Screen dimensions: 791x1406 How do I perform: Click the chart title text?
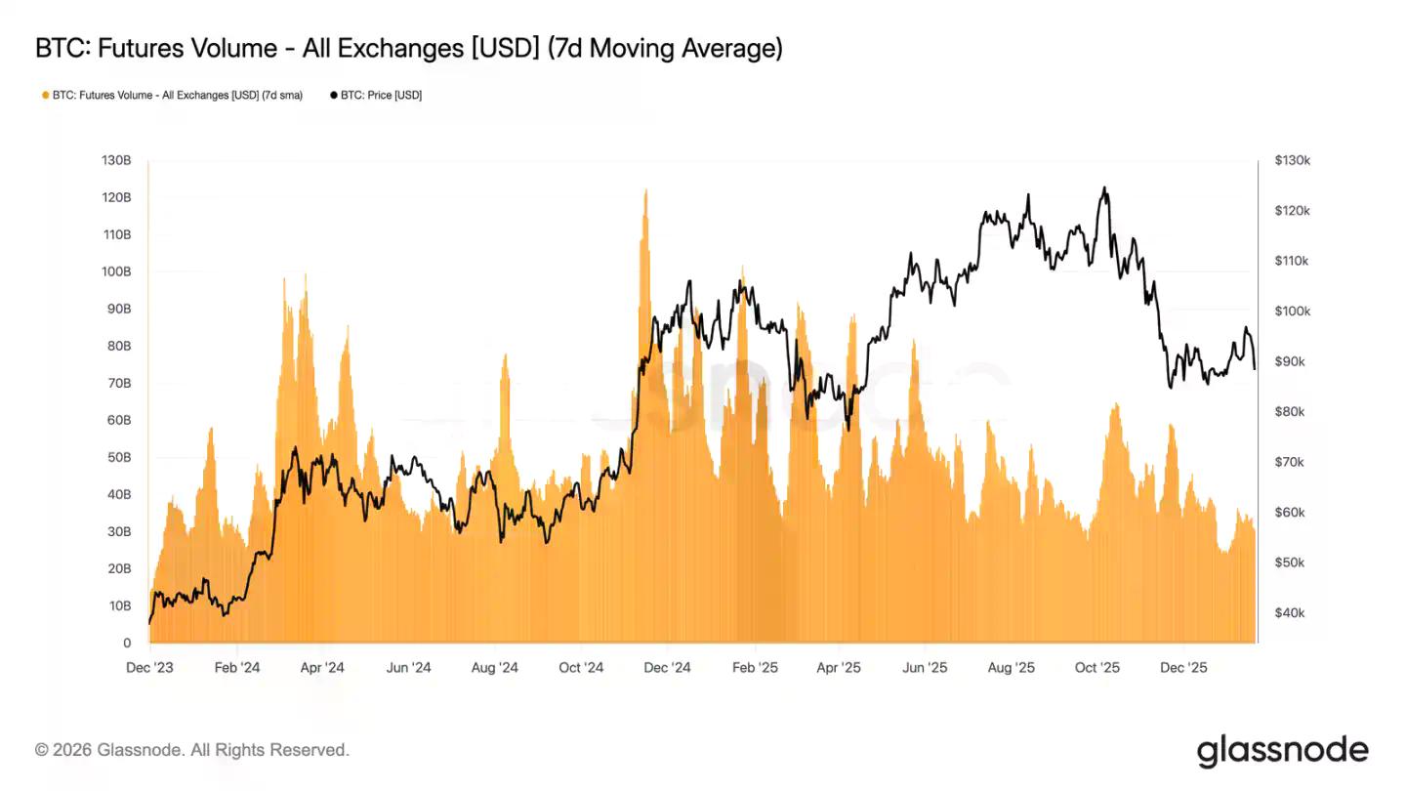click(408, 49)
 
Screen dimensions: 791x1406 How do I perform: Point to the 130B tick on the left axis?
click(116, 160)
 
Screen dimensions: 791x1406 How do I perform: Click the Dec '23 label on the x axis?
click(150, 668)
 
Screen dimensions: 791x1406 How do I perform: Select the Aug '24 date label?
click(495, 668)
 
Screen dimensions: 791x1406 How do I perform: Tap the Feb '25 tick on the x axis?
click(755, 668)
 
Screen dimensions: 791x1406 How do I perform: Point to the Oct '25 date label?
click(1097, 668)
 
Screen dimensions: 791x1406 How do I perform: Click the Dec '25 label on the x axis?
click(1183, 668)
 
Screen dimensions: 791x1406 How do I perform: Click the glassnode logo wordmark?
click(1282, 750)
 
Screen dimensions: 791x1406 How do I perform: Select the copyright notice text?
click(192, 750)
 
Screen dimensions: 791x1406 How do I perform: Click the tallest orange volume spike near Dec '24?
click(645, 191)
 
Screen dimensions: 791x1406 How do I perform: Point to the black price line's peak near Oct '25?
click(1104, 187)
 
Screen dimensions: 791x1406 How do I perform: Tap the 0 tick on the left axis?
click(127, 643)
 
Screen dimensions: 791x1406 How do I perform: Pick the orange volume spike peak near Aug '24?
click(505, 355)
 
